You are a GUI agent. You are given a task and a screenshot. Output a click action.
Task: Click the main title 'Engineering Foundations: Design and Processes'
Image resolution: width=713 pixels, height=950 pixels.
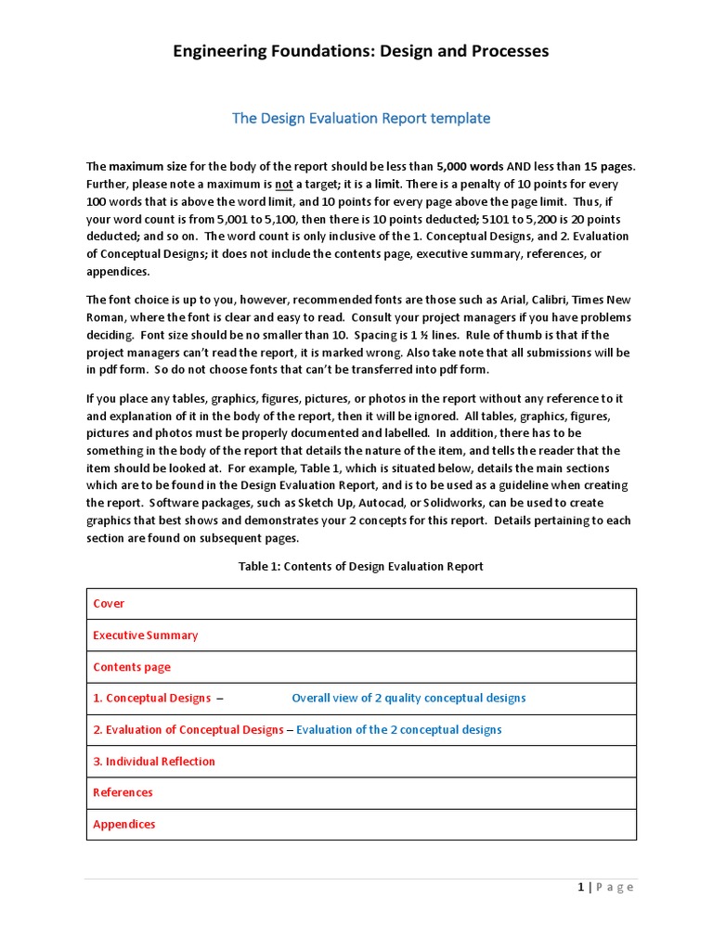(x=361, y=51)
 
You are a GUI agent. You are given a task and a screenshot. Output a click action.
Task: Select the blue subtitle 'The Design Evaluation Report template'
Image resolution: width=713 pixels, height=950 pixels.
(x=361, y=118)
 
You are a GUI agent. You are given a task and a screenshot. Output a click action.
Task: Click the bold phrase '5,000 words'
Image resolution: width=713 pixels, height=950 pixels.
(x=470, y=167)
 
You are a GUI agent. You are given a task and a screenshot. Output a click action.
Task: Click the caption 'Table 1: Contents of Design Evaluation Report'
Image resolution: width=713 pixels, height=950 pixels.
(x=361, y=566)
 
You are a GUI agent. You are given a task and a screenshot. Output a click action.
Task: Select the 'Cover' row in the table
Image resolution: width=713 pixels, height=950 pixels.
(x=109, y=604)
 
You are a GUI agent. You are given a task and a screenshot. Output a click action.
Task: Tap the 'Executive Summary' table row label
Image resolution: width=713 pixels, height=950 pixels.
(x=146, y=635)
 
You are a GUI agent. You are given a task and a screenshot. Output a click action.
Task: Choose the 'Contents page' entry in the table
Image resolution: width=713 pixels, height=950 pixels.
(x=132, y=667)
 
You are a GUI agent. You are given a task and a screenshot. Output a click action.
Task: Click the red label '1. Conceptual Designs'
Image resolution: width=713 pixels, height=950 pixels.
(x=152, y=699)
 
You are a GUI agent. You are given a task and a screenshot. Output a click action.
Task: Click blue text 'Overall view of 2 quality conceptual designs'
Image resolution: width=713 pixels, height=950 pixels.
(x=408, y=699)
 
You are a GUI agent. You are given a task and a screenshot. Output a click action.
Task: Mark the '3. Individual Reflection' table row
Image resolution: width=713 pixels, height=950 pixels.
(x=154, y=762)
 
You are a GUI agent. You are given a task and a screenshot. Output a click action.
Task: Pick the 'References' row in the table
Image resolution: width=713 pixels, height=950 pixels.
(x=123, y=793)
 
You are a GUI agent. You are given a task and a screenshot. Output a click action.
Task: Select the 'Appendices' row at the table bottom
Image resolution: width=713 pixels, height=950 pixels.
(x=124, y=825)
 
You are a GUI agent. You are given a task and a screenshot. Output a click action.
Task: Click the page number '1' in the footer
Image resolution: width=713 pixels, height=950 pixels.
(x=581, y=888)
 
